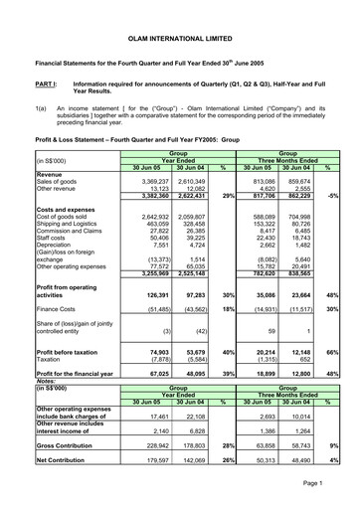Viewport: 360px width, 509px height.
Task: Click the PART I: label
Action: tap(21, 85)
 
